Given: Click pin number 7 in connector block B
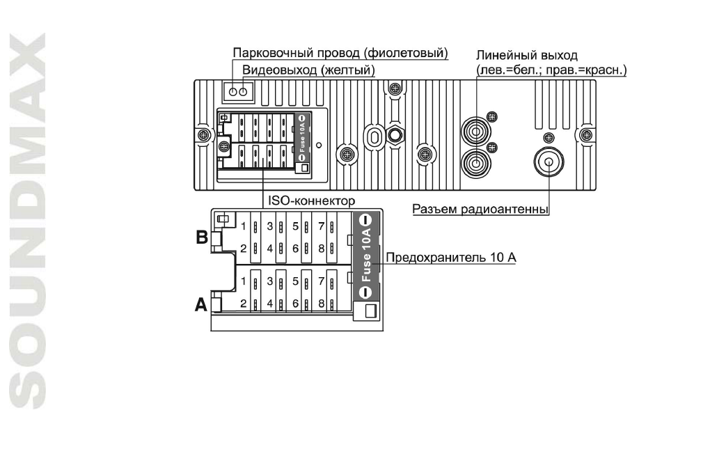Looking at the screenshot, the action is coord(321,226).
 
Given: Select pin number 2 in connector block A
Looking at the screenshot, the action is coord(244,304).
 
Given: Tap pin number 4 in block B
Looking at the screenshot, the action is coord(270,249).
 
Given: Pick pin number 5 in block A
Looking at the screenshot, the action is coord(296,281).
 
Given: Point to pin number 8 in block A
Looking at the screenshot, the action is coord(321,304).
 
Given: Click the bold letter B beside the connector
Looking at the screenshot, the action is coord(202,237).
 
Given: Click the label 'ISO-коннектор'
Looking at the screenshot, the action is coord(312,201).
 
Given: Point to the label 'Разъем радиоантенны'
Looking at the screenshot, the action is coord(481,208).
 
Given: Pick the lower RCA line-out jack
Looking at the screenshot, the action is coord(475,164).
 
